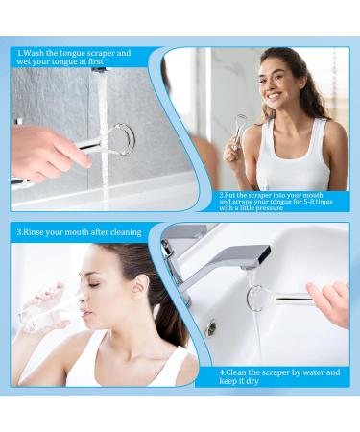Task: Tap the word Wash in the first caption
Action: (x=35, y=53)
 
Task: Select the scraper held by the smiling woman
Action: (x=239, y=129)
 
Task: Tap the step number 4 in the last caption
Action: (x=221, y=372)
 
